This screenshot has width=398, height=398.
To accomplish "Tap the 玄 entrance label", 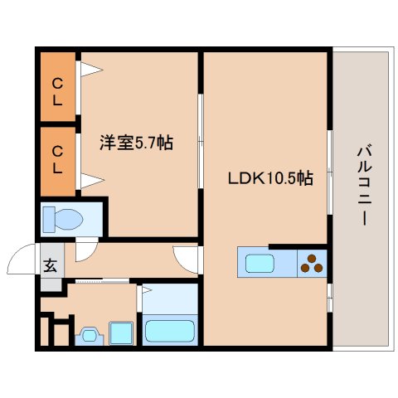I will click(50, 267).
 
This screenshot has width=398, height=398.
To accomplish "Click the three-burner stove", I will click(313, 264).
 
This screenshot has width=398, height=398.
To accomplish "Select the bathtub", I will click(170, 331).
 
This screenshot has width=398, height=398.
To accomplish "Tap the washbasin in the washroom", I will click(87, 336).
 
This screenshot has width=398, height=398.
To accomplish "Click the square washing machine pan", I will click(123, 332).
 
